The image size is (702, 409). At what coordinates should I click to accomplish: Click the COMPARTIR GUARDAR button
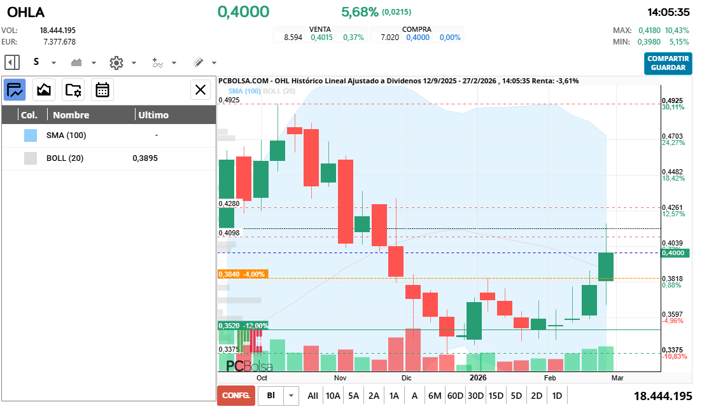668,63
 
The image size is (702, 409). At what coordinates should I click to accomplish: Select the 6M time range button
435,396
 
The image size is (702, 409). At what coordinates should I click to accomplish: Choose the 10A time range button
333,396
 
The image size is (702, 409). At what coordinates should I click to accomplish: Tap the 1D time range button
557,396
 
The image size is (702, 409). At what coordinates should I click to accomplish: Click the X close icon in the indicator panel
200,90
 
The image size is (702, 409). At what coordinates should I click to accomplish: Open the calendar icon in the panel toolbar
102,90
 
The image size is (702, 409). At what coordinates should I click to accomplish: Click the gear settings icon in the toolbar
116,62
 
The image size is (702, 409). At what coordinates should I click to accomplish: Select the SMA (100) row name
66,135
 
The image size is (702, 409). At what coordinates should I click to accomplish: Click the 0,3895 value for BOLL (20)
145,158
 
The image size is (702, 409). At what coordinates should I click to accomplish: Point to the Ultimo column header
153,115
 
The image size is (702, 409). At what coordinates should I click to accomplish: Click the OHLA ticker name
26,12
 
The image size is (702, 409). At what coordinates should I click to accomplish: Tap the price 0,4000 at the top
243,11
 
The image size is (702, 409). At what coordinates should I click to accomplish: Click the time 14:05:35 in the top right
668,12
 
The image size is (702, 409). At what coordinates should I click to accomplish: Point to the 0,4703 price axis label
672,136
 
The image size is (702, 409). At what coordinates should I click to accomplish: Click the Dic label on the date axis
407,377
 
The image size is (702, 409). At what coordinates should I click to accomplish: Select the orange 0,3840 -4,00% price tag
242,274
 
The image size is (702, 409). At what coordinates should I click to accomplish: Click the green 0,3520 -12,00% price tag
242,326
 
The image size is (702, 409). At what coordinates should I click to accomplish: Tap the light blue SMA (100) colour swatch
30,135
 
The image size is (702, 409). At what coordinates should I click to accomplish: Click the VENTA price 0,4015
321,38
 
